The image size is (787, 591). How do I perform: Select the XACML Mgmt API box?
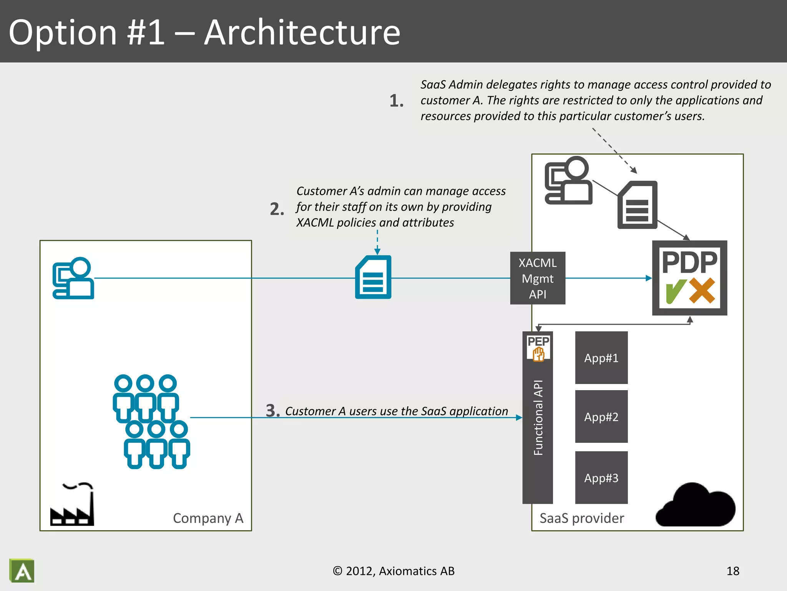[537, 278]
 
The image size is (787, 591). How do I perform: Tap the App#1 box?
[601, 358]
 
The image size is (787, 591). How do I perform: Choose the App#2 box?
[601, 417]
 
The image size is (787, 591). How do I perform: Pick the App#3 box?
[601, 478]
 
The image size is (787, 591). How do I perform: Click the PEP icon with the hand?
[538, 348]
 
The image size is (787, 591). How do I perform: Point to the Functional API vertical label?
[538, 418]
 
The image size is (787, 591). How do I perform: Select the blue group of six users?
[151, 421]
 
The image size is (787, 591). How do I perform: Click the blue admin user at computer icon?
[73, 278]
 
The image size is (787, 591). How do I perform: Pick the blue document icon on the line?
[373, 277]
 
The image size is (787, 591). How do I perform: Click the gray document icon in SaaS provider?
[637, 205]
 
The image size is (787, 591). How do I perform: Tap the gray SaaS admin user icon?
[568, 180]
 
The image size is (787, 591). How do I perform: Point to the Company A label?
[208, 518]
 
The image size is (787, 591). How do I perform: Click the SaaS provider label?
[581, 518]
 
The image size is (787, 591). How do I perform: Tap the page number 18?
[732, 571]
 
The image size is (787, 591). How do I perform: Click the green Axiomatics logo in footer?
[22, 571]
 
